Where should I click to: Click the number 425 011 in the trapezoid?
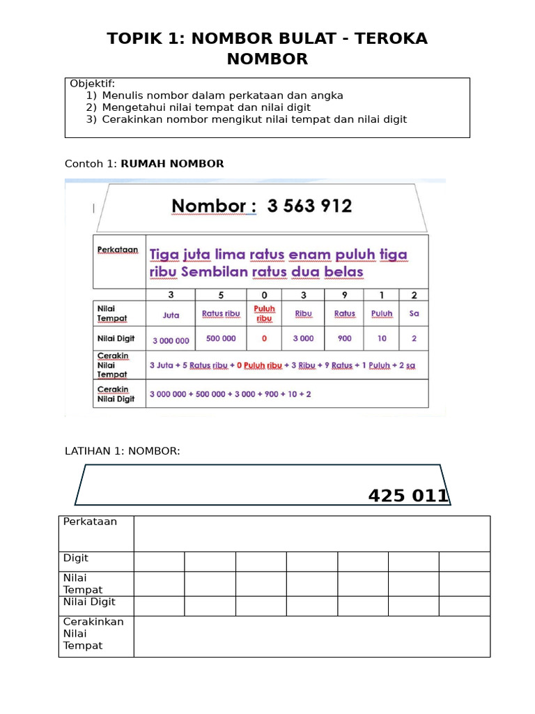click(x=408, y=496)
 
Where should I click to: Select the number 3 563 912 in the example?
click(x=309, y=206)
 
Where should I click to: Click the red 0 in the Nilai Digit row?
click(x=264, y=338)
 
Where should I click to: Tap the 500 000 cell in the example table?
click(x=221, y=338)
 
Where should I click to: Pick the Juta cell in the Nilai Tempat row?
click(x=171, y=314)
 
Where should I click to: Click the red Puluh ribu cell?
click(x=264, y=313)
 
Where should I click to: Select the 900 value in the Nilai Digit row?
click(x=344, y=338)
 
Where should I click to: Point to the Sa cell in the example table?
click(x=414, y=314)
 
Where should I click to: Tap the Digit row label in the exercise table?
click(x=76, y=559)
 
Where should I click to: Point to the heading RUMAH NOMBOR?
click(x=172, y=164)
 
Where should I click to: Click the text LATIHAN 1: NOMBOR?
click(x=122, y=451)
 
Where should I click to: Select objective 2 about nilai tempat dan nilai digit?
click(x=206, y=107)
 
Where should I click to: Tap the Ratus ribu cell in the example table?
click(x=221, y=314)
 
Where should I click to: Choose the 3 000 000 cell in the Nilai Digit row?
click(x=171, y=341)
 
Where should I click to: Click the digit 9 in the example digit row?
click(x=344, y=295)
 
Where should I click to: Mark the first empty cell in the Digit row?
click(x=159, y=561)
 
